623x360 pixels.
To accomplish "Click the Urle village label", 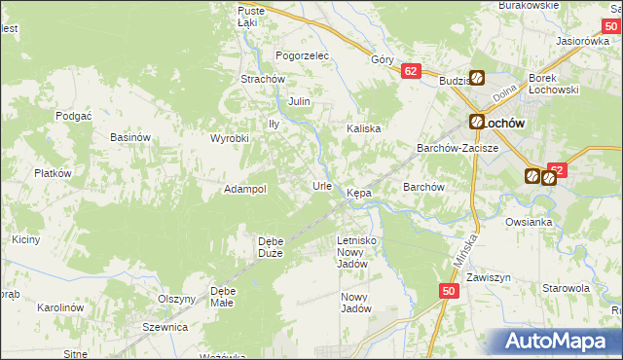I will click(x=322, y=185).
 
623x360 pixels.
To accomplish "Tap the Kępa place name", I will click(x=359, y=194).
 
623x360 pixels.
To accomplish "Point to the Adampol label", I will click(x=245, y=189).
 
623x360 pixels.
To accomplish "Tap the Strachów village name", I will click(x=262, y=79).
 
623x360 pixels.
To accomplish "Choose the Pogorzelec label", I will click(x=303, y=56).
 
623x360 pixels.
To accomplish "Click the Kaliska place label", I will click(x=363, y=128).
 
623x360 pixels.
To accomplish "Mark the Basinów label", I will click(x=129, y=137).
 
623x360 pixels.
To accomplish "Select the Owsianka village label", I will click(x=529, y=222).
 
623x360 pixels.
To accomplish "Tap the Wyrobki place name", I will click(x=231, y=138).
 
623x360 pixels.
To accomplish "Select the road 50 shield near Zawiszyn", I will click(x=448, y=291).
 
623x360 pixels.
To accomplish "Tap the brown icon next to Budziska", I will click(x=478, y=79).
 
